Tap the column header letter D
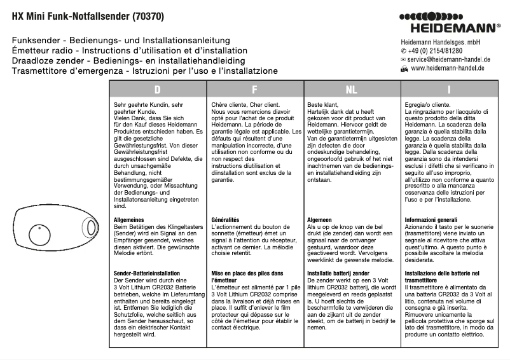click(157, 90)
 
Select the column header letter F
click(254, 90)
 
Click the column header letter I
click(449, 90)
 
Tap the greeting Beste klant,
click(324, 104)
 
